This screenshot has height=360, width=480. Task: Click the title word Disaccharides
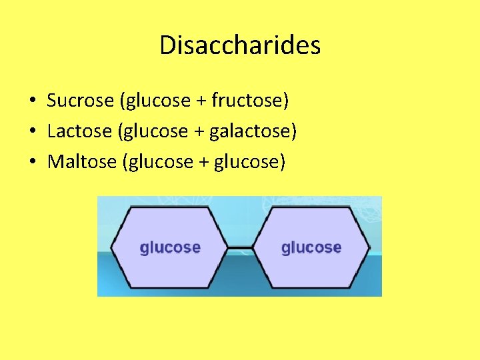[240, 45]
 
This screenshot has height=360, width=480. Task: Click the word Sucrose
[81, 101]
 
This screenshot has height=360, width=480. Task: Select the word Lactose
[79, 131]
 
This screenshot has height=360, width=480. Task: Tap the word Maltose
[82, 162]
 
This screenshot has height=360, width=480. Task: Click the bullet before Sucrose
[32, 101]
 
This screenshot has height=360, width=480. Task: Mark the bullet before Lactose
[32, 132]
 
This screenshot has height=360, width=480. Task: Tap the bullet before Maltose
[32, 163]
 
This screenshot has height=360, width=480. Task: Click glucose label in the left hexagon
[170, 247]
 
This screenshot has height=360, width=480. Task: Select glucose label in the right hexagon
[311, 247]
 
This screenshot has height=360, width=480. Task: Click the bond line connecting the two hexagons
[241, 247]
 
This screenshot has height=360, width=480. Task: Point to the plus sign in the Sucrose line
[201, 101]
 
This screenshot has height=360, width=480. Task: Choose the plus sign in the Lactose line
[199, 132]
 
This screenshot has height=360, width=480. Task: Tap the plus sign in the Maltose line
[203, 163]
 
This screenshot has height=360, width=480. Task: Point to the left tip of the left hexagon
[111, 247]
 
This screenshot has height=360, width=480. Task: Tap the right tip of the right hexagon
[369, 247]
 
